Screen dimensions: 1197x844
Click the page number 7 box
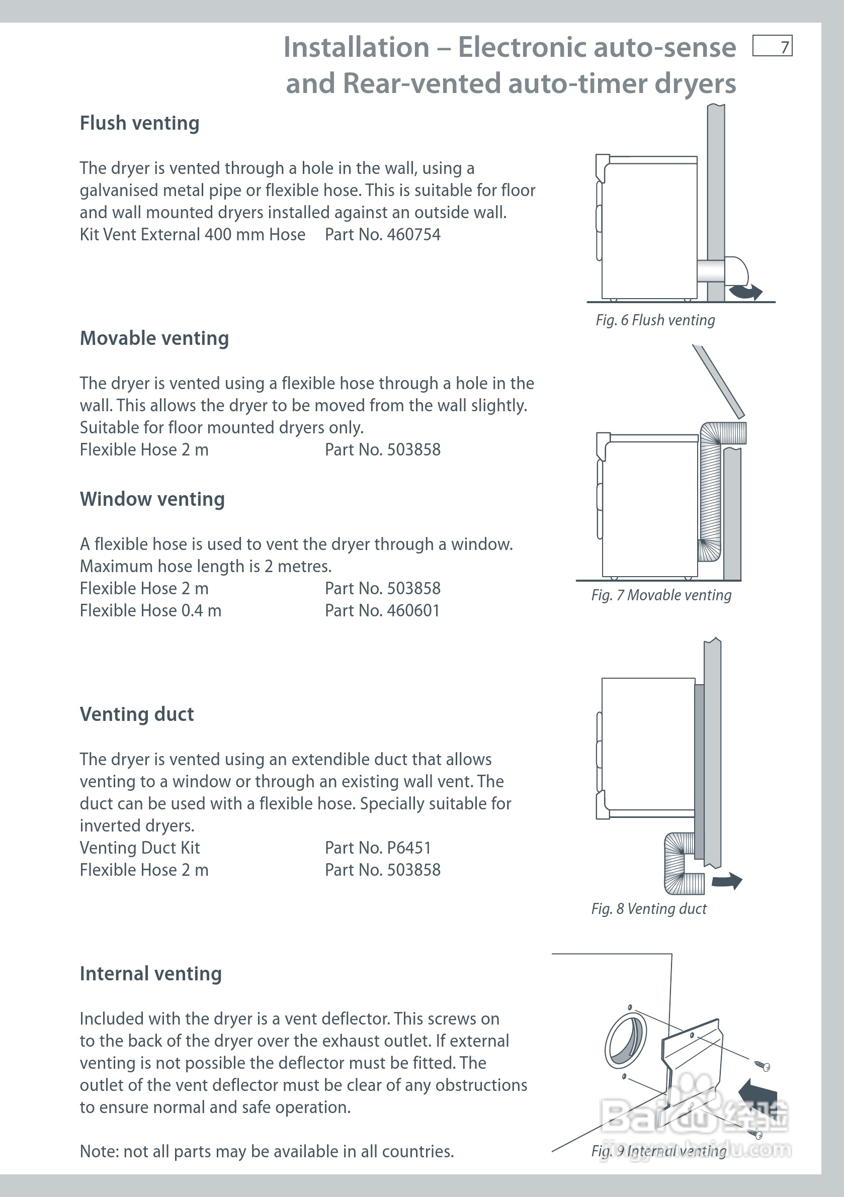tap(772, 46)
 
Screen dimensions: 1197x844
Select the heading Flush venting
tap(139, 124)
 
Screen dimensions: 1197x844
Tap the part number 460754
tap(413, 235)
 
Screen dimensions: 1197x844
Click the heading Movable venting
tap(154, 338)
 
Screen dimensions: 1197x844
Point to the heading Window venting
tap(152, 499)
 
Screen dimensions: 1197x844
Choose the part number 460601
tap(413, 610)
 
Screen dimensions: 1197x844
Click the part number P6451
tap(408, 848)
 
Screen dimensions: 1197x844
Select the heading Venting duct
tap(137, 714)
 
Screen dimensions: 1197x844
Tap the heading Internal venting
tap(150, 974)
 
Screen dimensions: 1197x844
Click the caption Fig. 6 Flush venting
tap(655, 320)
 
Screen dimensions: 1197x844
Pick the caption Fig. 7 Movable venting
tap(661, 595)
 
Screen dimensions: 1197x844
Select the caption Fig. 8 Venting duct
tap(648, 909)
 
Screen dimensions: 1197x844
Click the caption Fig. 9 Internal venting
tap(658, 1151)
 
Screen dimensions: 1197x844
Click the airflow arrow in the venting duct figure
tap(727, 881)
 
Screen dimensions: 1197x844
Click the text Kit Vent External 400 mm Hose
tap(192, 235)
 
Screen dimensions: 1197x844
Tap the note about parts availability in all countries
tap(267, 1151)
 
